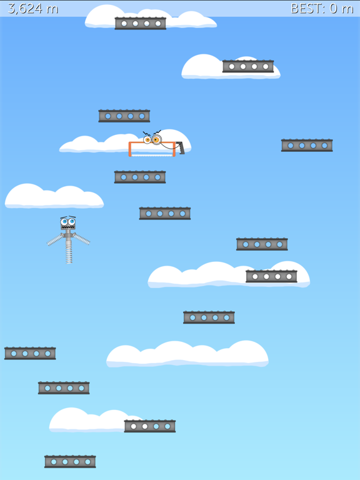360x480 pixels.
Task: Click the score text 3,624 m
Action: click(33, 9)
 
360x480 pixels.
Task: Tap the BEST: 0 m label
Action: click(322, 9)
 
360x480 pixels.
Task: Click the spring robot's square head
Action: click(68, 224)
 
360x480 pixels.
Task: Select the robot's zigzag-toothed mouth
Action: click(67, 227)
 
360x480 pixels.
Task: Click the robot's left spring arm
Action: click(56, 240)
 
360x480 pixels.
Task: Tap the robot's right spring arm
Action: click(81, 239)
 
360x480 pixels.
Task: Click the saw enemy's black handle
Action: click(181, 147)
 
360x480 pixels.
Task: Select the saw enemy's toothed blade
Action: click(152, 156)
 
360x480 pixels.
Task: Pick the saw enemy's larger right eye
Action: click(156, 139)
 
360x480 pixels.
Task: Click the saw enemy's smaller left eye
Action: click(147, 140)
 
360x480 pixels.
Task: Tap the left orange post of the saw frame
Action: click(130, 149)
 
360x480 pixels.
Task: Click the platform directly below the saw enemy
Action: click(140, 177)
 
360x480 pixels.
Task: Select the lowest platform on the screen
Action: click(70, 462)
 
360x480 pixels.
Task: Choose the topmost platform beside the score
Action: click(141, 23)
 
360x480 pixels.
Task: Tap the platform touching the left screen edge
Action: click(30, 353)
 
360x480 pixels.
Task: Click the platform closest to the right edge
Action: click(307, 146)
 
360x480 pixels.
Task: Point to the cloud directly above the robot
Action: click(54, 196)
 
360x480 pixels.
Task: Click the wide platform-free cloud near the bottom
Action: click(187, 354)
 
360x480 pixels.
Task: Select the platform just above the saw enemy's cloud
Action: click(124, 116)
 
